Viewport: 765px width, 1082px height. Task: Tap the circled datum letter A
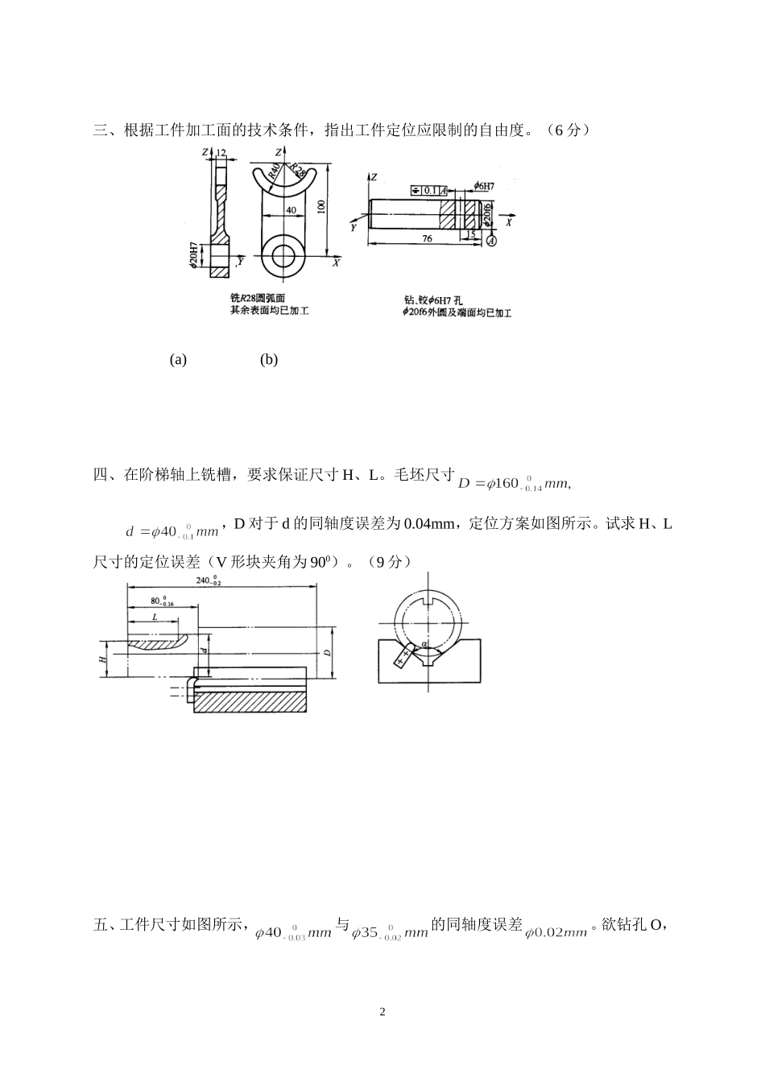pyautogui.click(x=493, y=240)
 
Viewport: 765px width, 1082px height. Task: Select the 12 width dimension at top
pyautogui.click(x=221, y=152)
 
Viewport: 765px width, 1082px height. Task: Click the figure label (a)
pyautogui.click(x=178, y=360)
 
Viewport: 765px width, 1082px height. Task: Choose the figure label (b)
pyautogui.click(x=269, y=360)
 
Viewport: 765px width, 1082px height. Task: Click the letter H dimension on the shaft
pyautogui.click(x=102, y=659)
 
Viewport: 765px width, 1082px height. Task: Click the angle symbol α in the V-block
pyautogui.click(x=424, y=643)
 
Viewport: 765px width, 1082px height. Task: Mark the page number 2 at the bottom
pyautogui.click(x=382, y=1011)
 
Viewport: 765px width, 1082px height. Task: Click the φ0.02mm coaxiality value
pyautogui.click(x=556, y=932)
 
